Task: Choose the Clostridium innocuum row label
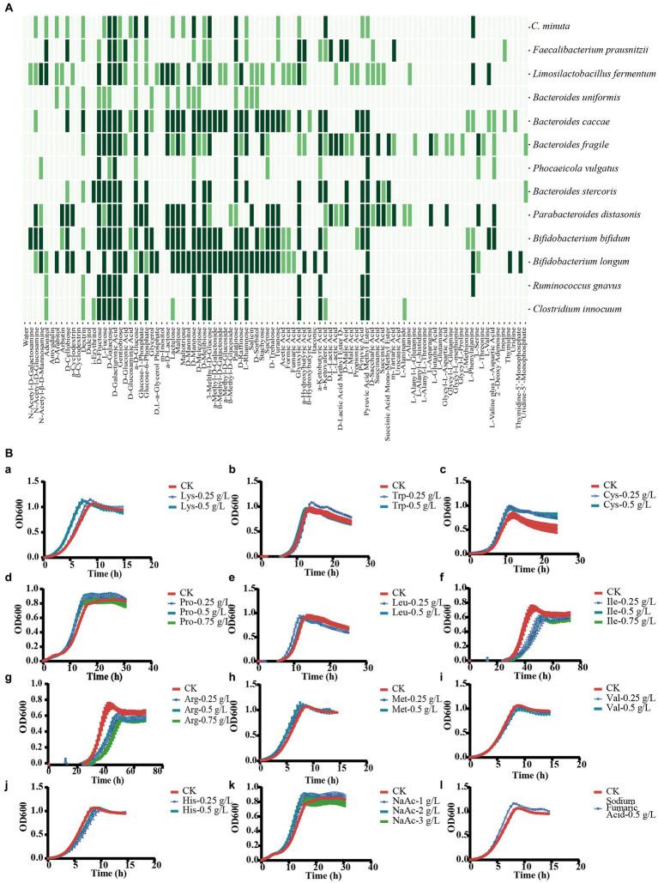pyautogui.click(x=575, y=307)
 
